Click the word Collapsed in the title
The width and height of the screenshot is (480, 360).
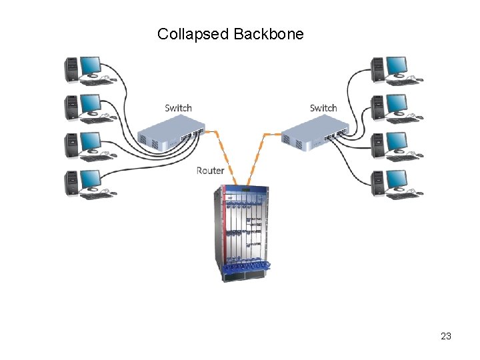tap(193, 34)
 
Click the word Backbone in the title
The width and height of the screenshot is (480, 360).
tap(269, 34)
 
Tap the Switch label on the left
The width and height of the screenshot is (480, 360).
tap(178, 108)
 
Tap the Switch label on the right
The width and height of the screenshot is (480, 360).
tap(323, 108)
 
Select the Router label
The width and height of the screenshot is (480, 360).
tap(211, 171)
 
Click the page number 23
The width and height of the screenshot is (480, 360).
tap(446, 336)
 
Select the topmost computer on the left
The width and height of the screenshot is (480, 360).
tap(83, 69)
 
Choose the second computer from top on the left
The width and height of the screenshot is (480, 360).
tap(83, 107)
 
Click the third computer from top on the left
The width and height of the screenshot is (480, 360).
tap(83, 145)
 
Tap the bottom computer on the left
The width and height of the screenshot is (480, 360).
tap(83, 183)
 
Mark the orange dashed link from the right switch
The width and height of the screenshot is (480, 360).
tap(257, 157)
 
